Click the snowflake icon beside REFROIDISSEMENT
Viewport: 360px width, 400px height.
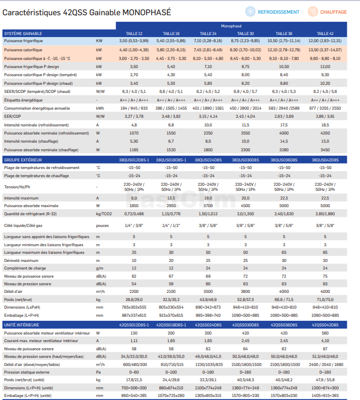coord(250,12)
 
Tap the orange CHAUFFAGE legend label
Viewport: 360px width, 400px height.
coord(333,12)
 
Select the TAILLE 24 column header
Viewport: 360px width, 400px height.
coord(208,34)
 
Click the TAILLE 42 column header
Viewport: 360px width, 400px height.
coord(325,34)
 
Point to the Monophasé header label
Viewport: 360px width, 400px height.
coord(231,26)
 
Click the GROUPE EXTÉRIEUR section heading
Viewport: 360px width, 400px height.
coord(23,160)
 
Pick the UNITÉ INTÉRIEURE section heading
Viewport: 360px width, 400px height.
coord(22,325)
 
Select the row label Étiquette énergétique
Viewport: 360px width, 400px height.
coord(23,100)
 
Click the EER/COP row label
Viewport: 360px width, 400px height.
coord(13,116)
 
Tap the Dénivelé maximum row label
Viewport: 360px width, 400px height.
coord(21,260)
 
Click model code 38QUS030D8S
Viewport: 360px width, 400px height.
coord(245,160)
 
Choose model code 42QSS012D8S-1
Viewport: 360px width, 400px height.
coord(134,325)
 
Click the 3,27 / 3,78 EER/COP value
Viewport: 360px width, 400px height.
coord(134,116)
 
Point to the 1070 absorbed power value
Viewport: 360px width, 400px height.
coord(134,133)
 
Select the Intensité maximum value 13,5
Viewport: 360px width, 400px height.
coord(171,198)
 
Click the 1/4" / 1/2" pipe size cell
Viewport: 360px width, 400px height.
coord(171,225)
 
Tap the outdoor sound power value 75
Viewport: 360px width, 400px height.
coord(325,276)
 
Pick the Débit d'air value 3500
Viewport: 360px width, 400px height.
coord(208,291)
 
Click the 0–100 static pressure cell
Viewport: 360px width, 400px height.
coord(171,372)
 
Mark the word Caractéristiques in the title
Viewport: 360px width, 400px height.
coord(31,12)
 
